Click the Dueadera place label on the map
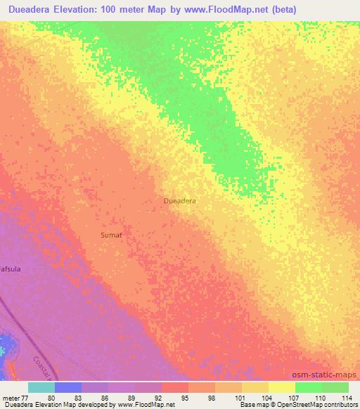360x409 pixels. pyautogui.click(x=179, y=200)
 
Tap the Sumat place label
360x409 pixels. pyautogui.click(x=112, y=235)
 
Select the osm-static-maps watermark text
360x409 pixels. pyautogui.click(x=324, y=375)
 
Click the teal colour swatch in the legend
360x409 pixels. pyautogui.click(x=41, y=387)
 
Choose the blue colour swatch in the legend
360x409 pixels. pyautogui.click(x=68, y=387)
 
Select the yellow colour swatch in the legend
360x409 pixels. pyautogui.click(x=282, y=387)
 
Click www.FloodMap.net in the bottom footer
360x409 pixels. pyautogui.click(x=146, y=405)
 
